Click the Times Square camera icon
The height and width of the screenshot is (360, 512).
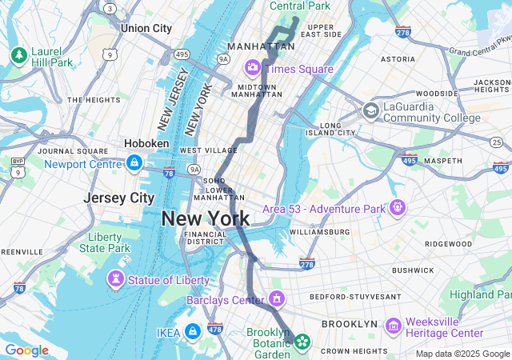coord(253,67)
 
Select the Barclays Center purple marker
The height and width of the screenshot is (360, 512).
coord(277,299)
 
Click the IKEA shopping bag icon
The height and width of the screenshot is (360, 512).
coord(192,331)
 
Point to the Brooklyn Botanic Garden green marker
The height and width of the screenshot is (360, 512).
coord(302,342)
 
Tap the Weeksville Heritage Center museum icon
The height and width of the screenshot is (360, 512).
coord(393,326)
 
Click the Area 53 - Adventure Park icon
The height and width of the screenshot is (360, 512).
coord(398,208)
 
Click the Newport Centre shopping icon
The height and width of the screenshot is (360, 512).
coord(134,164)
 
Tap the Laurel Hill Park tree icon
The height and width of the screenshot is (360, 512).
coord(18,54)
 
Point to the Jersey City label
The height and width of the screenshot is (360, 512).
coord(119,198)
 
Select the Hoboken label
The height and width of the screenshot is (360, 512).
coord(146,143)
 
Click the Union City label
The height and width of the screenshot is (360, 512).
coord(146,28)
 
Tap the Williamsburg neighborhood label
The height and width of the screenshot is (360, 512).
coord(319,231)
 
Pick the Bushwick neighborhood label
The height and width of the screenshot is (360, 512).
coord(413,270)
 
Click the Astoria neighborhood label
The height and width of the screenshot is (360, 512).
coord(398,58)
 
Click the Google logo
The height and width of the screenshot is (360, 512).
coord(26,350)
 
